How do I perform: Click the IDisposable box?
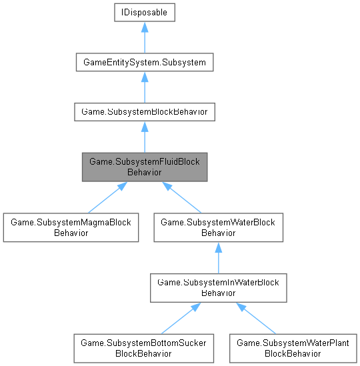click(x=144, y=13)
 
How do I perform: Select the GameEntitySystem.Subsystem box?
click(x=144, y=63)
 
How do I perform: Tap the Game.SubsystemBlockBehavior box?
click(x=144, y=111)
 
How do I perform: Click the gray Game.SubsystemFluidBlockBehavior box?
click(x=144, y=167)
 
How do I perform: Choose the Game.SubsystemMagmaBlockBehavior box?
click(x=70, y=227)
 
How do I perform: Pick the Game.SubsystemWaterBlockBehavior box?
click(x=219, y=227)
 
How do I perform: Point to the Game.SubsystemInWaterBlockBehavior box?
click(x=219, y=287)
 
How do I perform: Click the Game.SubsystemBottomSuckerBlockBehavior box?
click(x=144, y=347)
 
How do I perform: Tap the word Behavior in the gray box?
click(x=144, y=171)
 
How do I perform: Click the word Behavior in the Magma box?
click(x=70, y=233)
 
